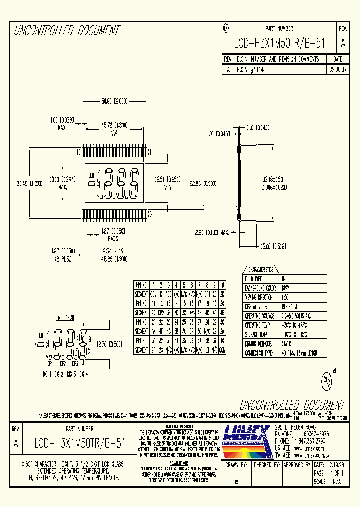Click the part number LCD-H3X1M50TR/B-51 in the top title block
click(280, 44)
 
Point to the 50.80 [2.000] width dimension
click(114, 101)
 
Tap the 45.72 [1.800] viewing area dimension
click(114, 124)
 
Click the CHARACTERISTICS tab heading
click(260, 269)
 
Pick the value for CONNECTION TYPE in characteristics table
click(299, 353)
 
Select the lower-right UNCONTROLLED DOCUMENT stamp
click(292, 404)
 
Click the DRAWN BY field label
click(237, 465)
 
